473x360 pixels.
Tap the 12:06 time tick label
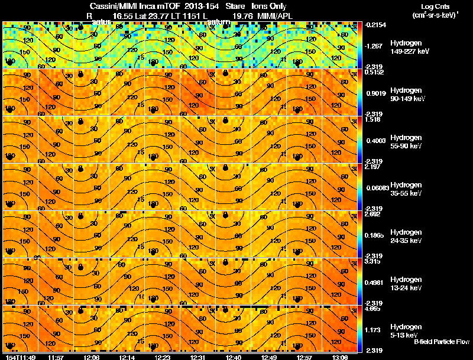coord(90,357)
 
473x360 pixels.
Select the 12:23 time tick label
coord(161,357)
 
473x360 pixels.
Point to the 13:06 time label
coord(339,357)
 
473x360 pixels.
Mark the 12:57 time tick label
coord(303,357)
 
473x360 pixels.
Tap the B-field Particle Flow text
coord(441,342)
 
